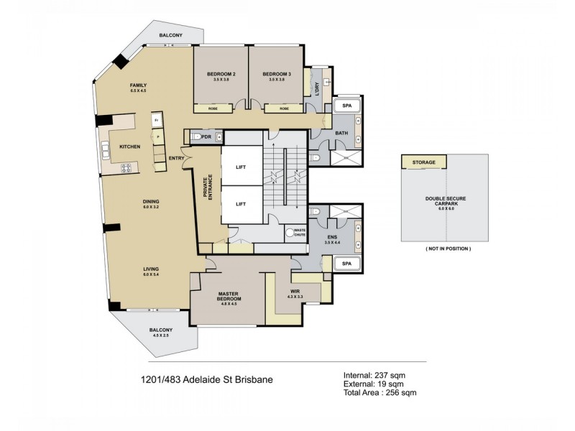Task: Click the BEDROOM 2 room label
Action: [x=221, y=75]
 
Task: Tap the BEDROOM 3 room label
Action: [x=277, y=75]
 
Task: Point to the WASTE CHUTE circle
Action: [x=292, y=233]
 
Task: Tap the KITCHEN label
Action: [x=130, y=147]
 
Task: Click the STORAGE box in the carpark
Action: [x=423, y=163]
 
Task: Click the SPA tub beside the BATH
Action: [x=347, y=106]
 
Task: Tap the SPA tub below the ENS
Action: [x=346, y=264]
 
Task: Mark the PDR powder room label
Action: [x=206, y=136]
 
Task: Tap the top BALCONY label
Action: [x=170, y=35]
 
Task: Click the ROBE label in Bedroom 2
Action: [x=213, y=108]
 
